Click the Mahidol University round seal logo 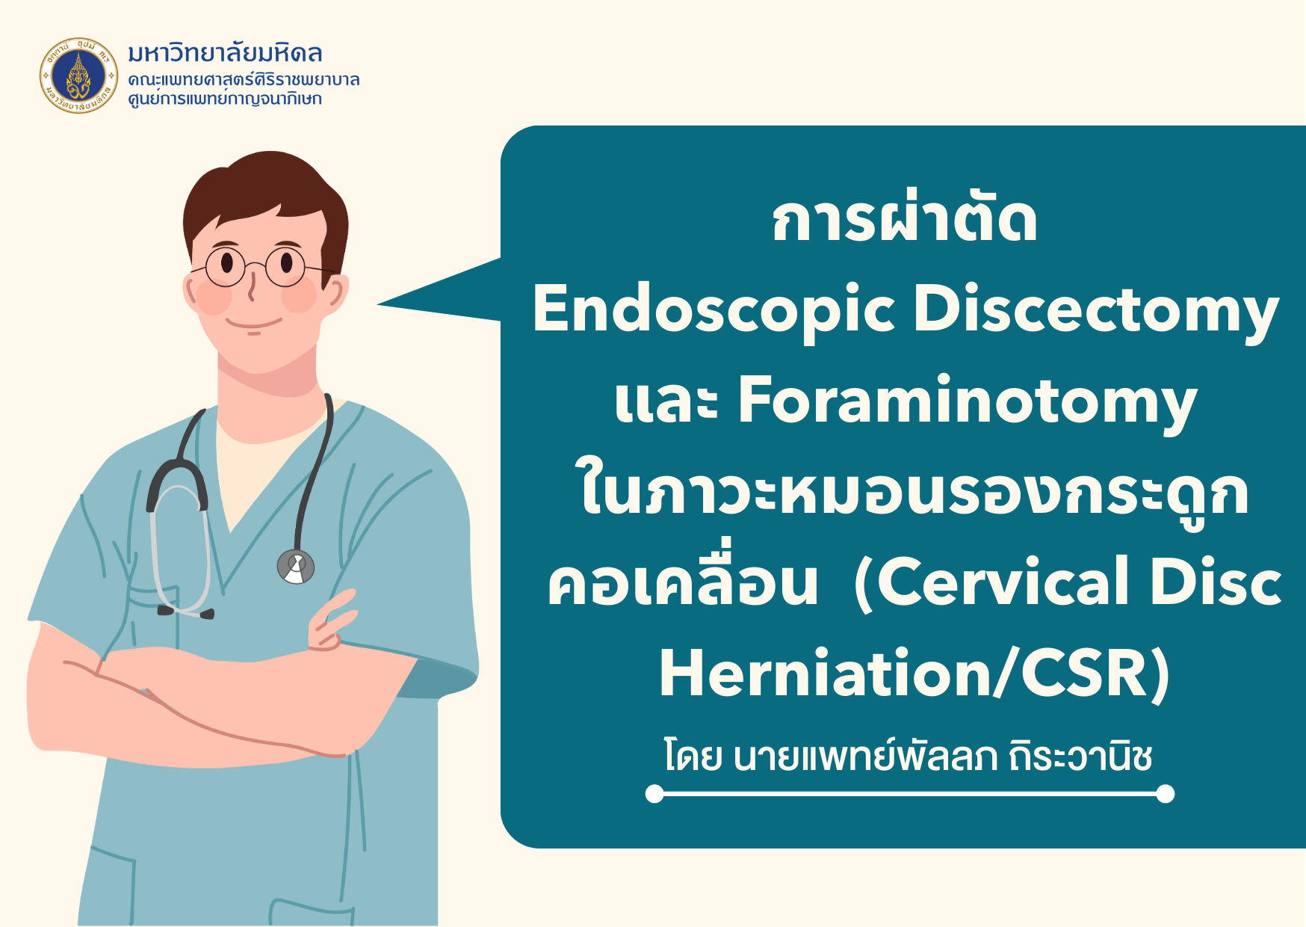click(x=78, y=76)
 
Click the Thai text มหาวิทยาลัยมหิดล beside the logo click(x=225, y=53)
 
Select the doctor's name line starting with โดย click(x=908, y=756)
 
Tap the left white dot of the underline click(x=654, y=794)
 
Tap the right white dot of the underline click(x=1165, y=794)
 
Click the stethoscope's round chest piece click(x=296, y=567)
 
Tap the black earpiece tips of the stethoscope click(x=186, y=612)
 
